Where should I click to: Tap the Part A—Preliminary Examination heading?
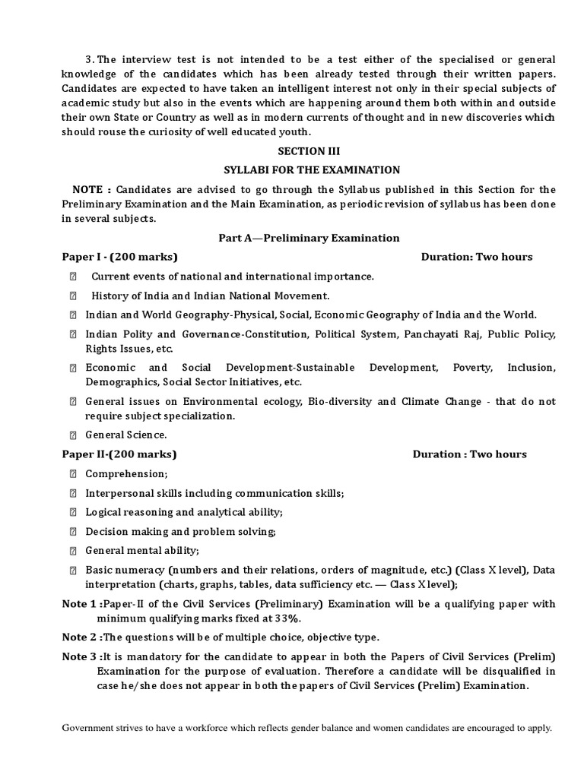point(309,238)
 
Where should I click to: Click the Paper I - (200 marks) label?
point(120,257)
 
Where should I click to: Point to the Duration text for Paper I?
point(477,257)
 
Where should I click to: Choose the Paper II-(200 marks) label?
point(119,454)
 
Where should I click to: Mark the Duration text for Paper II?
point(469,454)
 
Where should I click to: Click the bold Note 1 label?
point(80,604)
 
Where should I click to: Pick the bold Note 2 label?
point(80,637)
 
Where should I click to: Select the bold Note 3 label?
point(80,656)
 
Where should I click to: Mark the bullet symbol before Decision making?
point(74,531)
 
